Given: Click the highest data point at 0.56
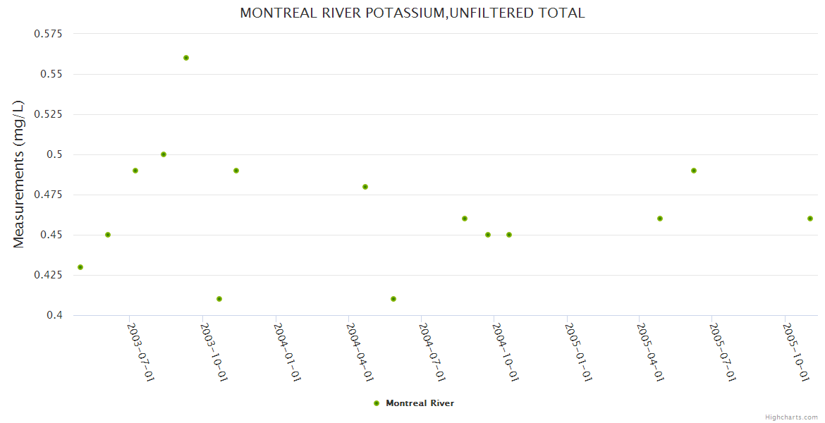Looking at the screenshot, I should coord(186,58).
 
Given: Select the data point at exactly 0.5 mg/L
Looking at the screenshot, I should coord(164,154).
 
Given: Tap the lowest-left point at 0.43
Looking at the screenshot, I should coord(80,267).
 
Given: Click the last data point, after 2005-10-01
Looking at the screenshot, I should coord(810,219).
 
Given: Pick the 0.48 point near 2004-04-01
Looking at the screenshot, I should coord(365,187).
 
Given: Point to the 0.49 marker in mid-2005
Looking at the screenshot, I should coord(694,171).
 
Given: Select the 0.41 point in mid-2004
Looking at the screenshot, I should coord(393,299).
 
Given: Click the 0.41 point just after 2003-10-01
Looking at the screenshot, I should coord(219,299).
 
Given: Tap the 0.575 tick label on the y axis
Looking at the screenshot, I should coord(48,34).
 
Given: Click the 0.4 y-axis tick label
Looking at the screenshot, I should coord(55,315).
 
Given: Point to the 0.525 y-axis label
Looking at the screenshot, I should coord(48,114).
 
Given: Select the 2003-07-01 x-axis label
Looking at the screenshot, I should coord(140,352).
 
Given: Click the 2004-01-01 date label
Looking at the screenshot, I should coord(288,352).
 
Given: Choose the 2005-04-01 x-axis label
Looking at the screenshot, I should coord(650,352).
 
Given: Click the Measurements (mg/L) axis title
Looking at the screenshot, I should coord(19,174).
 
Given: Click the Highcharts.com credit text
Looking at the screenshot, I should coord(791,417).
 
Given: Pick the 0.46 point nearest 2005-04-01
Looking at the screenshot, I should coord(660,219).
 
